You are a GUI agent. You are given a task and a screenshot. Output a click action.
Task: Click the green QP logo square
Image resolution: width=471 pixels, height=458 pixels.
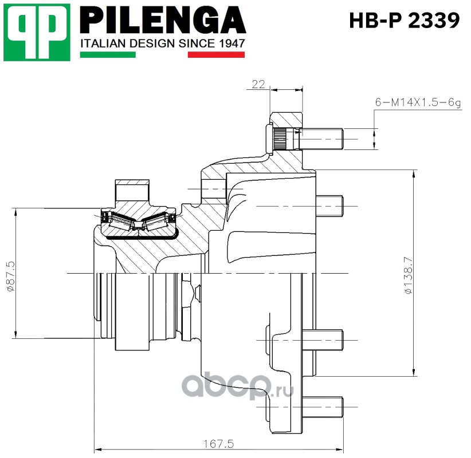click(x=37, y=32)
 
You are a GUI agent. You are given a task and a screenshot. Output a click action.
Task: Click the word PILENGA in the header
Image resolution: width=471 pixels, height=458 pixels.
click(x=163, y=20)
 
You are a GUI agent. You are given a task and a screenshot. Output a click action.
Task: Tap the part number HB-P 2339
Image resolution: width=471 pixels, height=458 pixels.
click(x=405, y=21)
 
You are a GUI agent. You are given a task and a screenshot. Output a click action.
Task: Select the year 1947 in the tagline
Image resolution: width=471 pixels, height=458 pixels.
click(x=232, y=44)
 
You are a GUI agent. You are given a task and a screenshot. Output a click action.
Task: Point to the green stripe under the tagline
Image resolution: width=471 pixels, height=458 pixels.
click(x=108, y=54)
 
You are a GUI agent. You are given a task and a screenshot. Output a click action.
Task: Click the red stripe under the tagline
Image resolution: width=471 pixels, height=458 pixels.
click(x=216, y=54)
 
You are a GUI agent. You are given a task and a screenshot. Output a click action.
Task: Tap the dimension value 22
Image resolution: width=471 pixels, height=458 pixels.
click(x=258, y=84)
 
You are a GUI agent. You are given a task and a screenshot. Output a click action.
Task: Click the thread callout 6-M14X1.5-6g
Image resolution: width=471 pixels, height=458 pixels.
click(x=418, y=102)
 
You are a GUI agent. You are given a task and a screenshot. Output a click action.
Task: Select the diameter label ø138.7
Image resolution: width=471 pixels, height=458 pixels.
click(x=409, y=276)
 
